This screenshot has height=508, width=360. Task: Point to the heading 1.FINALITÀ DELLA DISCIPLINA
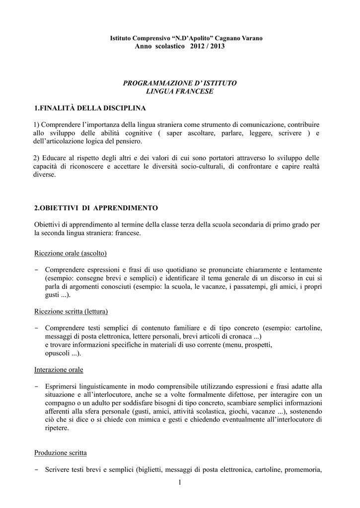[90, 108]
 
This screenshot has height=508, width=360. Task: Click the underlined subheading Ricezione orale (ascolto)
[71, 253]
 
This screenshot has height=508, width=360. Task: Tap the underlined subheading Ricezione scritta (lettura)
[71, 312]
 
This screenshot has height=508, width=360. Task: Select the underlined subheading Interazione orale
[59, 370]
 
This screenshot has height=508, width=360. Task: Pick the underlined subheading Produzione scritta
[61, 453]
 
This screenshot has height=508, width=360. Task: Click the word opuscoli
[57, 353]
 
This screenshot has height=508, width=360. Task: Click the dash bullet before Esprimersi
[37, 386]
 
